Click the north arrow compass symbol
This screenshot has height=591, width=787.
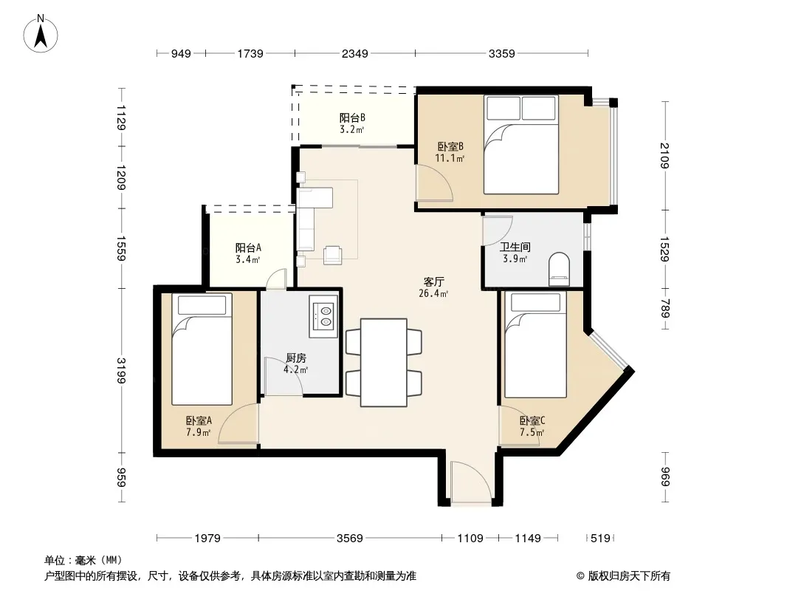click(x=41, y=34)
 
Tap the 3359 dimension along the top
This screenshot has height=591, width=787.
click(x=501, y=53)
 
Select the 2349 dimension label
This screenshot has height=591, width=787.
click(x=355, y=53)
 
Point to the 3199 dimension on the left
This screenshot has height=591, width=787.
click(x=121, y=371)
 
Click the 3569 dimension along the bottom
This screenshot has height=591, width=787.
click(x=349, y=539)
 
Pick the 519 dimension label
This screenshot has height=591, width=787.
click(x=600, y=539)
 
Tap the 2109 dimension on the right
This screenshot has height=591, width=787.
click(x=665, y=156)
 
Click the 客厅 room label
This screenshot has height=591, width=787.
click(x=433, y=281)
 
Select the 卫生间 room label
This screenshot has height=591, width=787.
click(x=515, y=247)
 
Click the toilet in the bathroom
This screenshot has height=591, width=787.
click(x=559, y=270)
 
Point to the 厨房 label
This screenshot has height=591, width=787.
click(x=295, y=358)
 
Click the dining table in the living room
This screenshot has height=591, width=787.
click(x=383, y=362)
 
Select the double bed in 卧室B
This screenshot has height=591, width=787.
click(x=521, y=145)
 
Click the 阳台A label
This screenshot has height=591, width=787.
click(x=248, y=247)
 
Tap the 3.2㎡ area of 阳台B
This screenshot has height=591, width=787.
click(x=351, y=129)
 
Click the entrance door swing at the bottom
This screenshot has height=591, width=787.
click(x=471, y=482)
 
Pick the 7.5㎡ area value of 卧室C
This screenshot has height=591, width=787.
click(x=532, y=432)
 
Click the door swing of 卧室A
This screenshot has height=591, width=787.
click(x=238, y=423)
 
